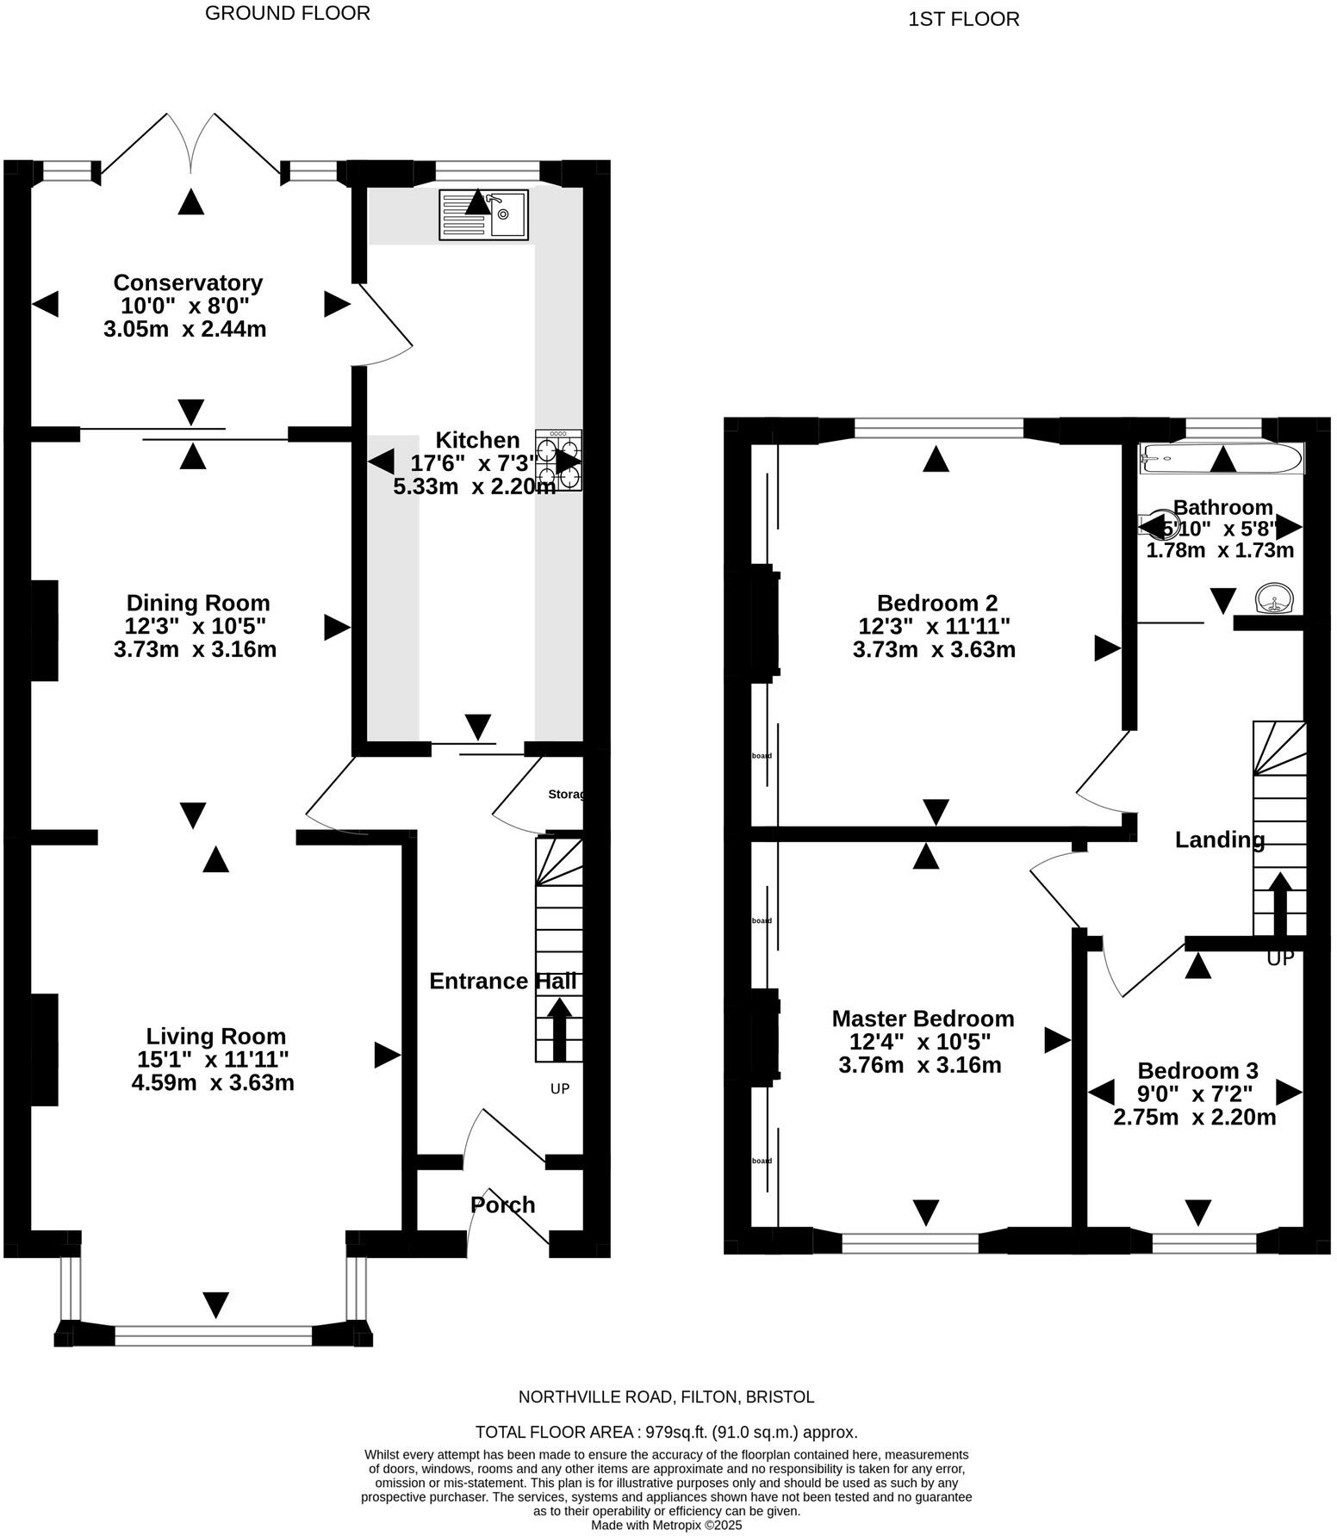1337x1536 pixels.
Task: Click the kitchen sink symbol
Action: tap(484, 214)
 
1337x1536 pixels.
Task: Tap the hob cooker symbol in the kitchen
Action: tap(558, 461)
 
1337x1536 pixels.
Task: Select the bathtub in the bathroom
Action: tap(1222, 458)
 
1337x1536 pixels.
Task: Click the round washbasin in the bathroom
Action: tap(1272, 598)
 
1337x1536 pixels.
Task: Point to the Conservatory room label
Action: tap(188, 282)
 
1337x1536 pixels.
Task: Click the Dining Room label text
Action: tap(198, 603)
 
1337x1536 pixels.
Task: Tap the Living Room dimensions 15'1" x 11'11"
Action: tap(213, 1059)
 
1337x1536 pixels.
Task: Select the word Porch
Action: tap(503, 1205)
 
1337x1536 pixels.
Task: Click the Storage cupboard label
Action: tap(566, 794)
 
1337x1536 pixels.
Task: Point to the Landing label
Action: tap(1220, 839)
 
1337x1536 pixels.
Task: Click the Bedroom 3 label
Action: tap(1197, 1070)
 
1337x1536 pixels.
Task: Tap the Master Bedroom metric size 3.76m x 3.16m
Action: tap(920, 1065)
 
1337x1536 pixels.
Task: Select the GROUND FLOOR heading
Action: tap(288, 13)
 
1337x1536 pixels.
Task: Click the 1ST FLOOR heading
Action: tap(963, 19)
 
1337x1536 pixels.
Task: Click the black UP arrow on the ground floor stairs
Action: tap(559, 1029)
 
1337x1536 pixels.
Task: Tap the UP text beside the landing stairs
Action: tap(1280, 958)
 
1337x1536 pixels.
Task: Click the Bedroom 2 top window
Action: tap(938, 427)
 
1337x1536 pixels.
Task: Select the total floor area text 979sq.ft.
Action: tap(666, 1433)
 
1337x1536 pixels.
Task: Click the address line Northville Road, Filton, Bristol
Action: tap(666, 1397)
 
